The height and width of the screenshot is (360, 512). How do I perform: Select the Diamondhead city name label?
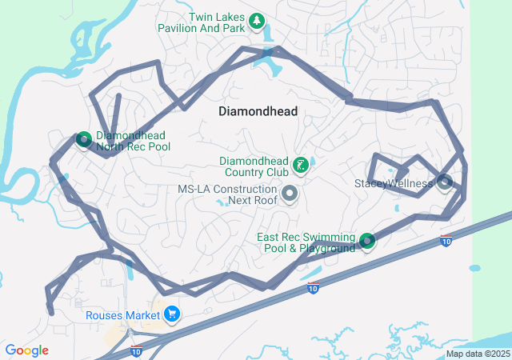(x=258, y=112)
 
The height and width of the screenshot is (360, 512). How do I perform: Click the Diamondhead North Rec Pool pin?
(x=83, y=140)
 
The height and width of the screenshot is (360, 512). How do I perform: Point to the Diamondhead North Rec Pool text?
(x=133, y=142)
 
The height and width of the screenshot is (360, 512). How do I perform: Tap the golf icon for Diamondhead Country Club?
(x=300, y=166)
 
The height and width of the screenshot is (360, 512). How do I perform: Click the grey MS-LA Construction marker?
(x=290, y=194)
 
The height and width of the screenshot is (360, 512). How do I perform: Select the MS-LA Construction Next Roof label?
(x=227, y=194)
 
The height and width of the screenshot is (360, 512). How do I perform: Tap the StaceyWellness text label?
(x=393, y=183)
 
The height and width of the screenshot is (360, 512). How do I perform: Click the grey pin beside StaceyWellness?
(x=445, y=182)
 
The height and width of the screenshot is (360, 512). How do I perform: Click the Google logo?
(x=26, y=350)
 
